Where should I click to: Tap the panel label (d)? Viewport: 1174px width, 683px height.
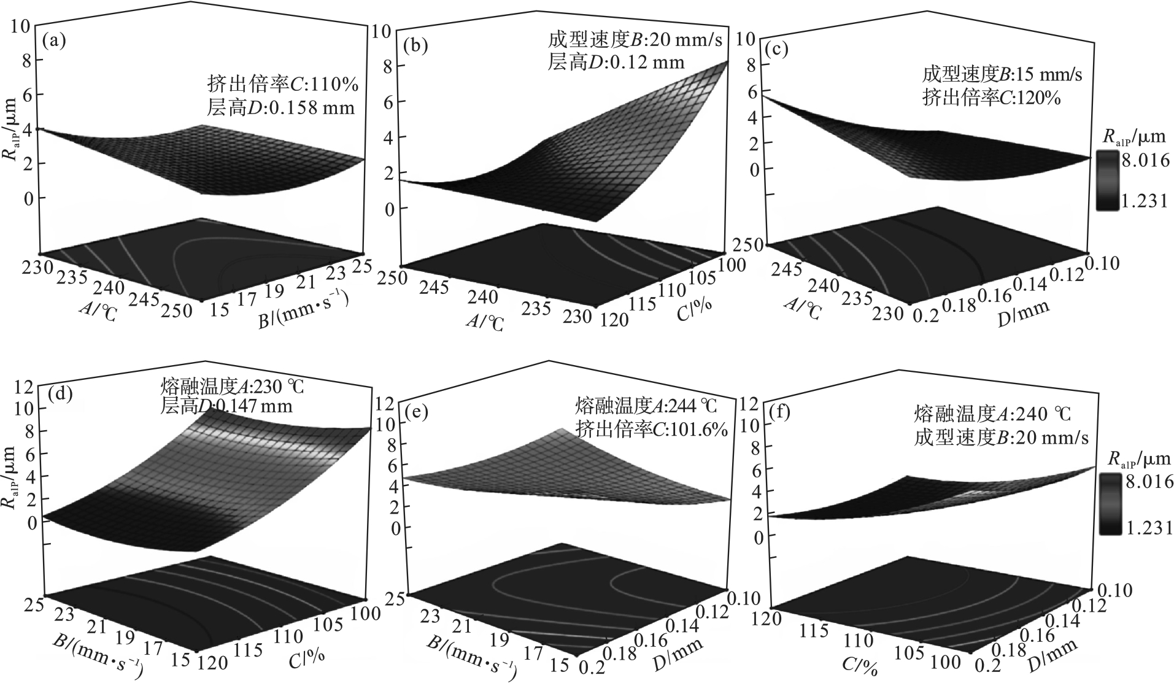pyautogui.click(x=60, y=394)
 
